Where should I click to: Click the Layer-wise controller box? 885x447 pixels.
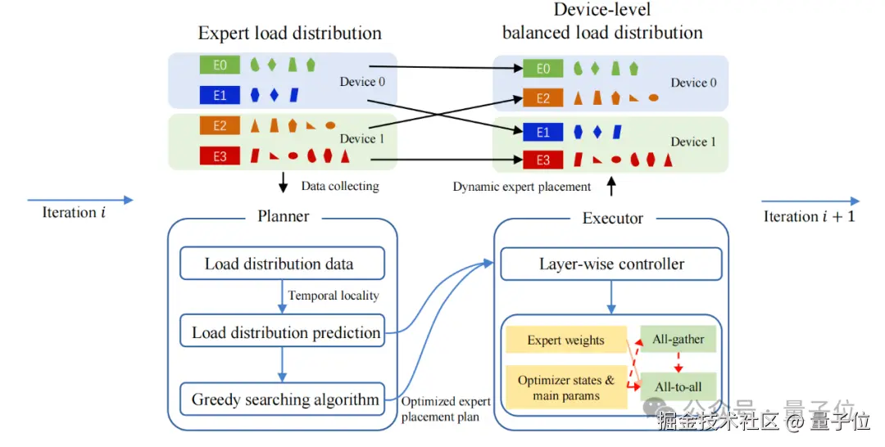(611, 264)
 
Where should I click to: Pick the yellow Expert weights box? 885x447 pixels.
(565, 341)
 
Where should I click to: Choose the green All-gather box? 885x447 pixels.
(678, 339)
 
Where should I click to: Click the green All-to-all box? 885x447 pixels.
(678, 386)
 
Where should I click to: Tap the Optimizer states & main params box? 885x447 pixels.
(565, 388)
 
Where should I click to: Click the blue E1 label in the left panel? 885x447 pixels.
(220, 95)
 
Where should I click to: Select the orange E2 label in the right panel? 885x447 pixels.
(543, 98)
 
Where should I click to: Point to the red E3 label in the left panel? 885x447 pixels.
(220, 155)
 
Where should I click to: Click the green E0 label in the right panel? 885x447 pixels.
(543, 69)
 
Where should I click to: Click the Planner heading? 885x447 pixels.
(284, 217)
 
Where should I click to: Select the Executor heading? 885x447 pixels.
(613, 218)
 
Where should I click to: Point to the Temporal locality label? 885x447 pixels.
(334, 295)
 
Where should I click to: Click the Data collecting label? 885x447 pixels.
(340, 186)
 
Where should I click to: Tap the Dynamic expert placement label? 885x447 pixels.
(522, 187)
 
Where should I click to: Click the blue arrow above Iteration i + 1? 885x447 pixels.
(810, 201)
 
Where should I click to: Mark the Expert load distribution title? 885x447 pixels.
(290, 34)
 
